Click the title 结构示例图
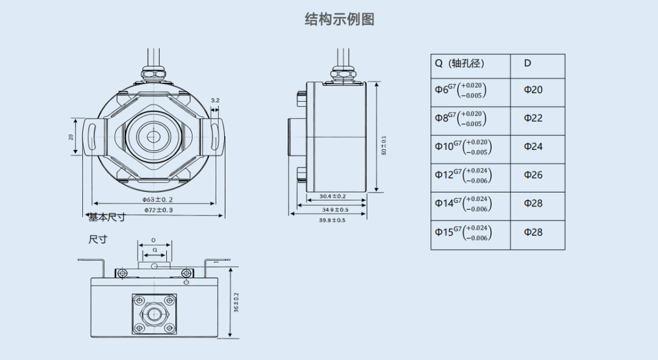click(339, 19)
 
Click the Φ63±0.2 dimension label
click(158, 199)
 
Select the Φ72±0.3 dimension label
click(158, 210)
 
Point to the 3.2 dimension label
click(215, 100)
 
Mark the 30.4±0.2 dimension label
click(333, 196)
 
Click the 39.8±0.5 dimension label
click(332, 221)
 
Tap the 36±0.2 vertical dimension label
click(236, 302)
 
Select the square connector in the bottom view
click(154, 314)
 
